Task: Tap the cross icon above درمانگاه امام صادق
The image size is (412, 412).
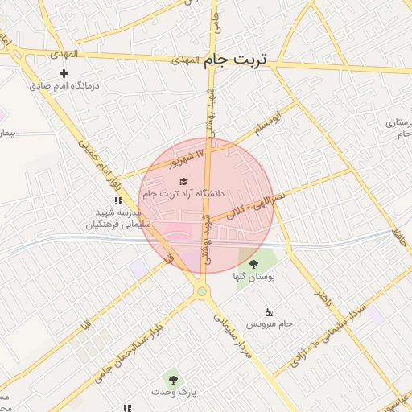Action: pyautogui.click(x=64, y=74)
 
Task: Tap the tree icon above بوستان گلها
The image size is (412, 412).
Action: pyautogui.click(x=253, y=264)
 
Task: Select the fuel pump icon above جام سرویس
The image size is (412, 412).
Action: pyautogui.click(x=268, y=312)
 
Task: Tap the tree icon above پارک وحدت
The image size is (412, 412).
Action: pyautogui.click(x=171, y=378)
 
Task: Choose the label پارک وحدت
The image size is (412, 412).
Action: pyautogui.click(x=174, y=391)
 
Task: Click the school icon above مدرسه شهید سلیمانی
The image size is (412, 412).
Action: pyautogui.click(x=117, y=201)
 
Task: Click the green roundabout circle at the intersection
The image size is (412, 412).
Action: pyautogui.click(x=202, y=291)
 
